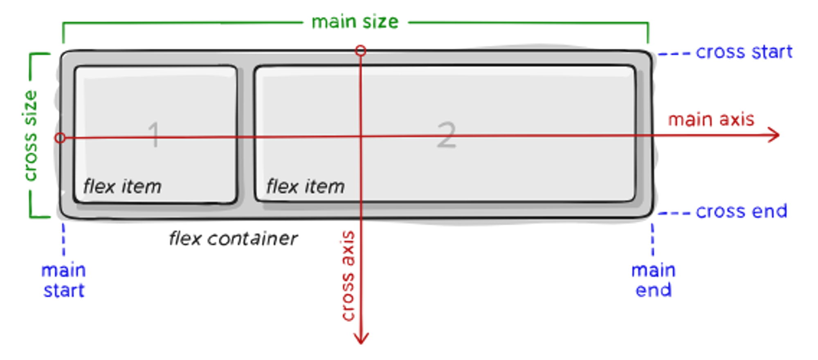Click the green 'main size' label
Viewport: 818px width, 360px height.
click(x=355, y=22)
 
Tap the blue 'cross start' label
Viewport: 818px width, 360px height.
click(x=744, y=52)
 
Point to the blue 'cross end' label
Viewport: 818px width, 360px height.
click(x=742, y=211)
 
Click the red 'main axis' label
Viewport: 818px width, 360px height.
click(x=711, y=119)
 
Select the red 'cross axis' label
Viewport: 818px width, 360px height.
click(x=348, y=276)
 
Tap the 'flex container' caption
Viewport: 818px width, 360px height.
click(x=233, y=239)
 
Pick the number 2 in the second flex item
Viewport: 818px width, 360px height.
click(x=446, y=135)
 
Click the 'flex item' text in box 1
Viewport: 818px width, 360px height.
click(x=122, y=187)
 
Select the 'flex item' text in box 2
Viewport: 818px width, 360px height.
click(x=306, y=187)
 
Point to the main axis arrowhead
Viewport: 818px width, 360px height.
click(x=774, y=135)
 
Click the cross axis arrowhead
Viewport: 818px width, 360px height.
click(x=361, y=338)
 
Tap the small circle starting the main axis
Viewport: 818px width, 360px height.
click(x=60, y=138)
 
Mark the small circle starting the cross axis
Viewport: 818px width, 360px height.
click(x=360, y=51)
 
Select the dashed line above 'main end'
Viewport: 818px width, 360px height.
click(x=652, y=239)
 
